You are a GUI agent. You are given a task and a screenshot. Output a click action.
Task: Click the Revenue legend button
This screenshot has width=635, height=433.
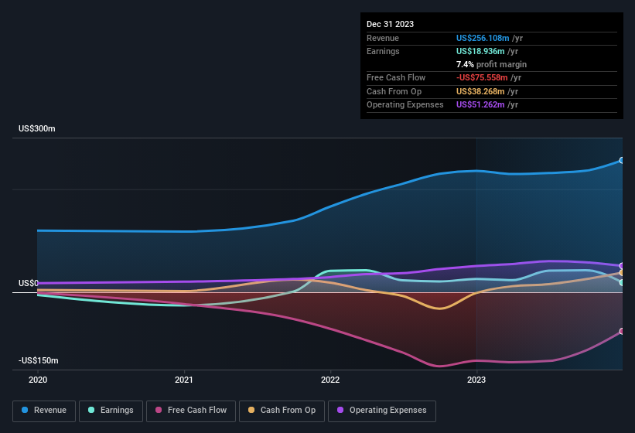click(44, 410)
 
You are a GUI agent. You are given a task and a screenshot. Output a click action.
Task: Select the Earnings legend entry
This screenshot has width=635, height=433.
click(111, 410)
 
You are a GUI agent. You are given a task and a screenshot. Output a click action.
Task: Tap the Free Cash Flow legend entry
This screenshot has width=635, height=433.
click(191, 410)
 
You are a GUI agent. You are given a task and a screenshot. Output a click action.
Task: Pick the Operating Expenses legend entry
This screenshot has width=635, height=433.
click(381, 410)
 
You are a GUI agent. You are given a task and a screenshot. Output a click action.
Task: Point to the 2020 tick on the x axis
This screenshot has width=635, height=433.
click(38, 380)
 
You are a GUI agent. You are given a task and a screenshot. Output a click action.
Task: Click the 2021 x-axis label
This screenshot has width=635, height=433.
click(184, 380)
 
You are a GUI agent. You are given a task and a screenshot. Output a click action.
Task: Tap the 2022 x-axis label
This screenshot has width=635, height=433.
click(330, 380)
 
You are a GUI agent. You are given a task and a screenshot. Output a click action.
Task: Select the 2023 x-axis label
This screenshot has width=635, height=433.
click(476, 380)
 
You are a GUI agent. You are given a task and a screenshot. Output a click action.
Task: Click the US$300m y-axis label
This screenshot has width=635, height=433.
click(37, 128)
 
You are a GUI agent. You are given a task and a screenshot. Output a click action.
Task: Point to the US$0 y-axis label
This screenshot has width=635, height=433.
click(28, 283)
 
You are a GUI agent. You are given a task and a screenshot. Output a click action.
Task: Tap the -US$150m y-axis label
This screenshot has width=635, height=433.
click(39, 360)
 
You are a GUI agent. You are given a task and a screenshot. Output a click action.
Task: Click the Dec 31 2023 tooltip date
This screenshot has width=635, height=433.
click(390, 24)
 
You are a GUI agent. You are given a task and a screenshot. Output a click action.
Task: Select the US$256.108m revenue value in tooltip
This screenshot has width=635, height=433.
click(483, 38)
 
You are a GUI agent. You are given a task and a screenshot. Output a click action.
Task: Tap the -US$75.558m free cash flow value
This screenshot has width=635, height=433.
click(482, 77)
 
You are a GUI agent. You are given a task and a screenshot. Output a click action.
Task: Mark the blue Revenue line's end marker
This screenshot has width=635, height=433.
click(622, 160)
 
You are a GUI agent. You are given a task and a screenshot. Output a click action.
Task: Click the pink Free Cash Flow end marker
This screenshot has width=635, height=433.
click(622, 331)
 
